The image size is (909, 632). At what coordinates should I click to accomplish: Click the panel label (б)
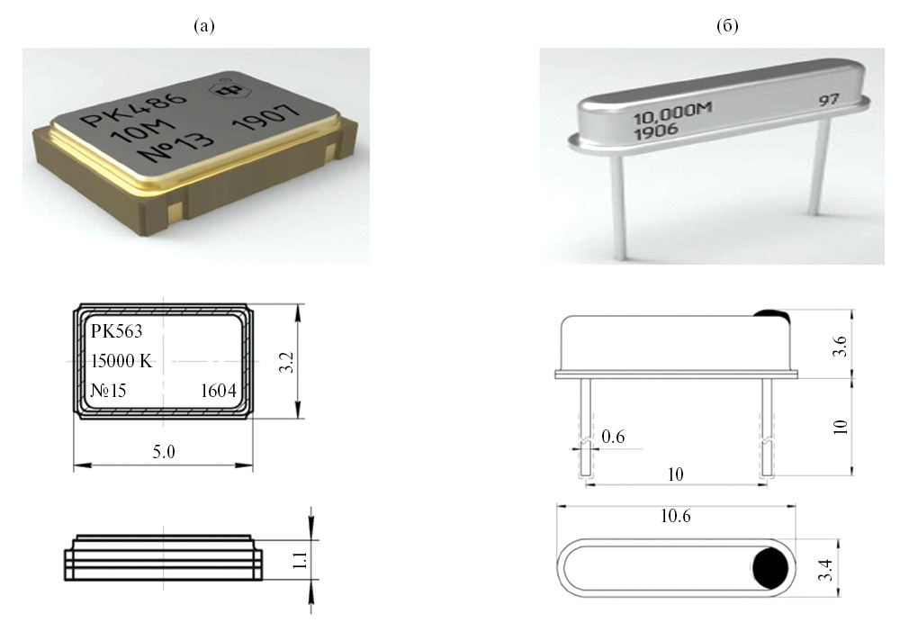pyautogui.click(x=726, y=26)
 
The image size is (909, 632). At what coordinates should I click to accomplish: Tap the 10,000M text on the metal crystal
pyautogui.click(x=673, y=117)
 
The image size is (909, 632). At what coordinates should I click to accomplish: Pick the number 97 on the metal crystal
pyautogui.click(x=827, y=99)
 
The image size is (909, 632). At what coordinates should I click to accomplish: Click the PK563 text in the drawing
pyautogui.click(x=117, y=331)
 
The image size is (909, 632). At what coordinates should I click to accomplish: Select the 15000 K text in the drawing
pyautogui.click(x=123, y=362)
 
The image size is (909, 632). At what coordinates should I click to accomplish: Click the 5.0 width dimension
pyautogui.click(x=163, y=452)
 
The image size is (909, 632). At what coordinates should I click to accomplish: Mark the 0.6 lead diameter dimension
pyautogui.click(x=614, y=438)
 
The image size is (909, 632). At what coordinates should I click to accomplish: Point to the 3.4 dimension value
pyautogui.click(x=826, y=569)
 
